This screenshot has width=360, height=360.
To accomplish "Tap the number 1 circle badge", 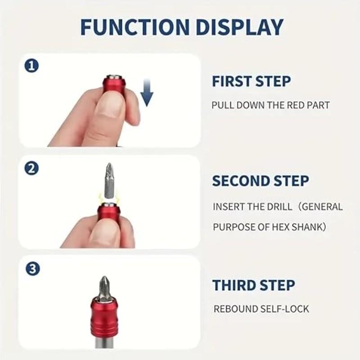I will [x=31, y=66].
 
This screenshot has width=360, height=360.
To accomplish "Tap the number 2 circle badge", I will [x=31, y=168].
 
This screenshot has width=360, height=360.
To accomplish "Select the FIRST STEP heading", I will [x=251, y=81].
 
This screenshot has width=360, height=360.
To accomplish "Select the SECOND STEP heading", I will [x=261, y=181].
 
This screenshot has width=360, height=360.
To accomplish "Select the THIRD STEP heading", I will [x=254, y=285].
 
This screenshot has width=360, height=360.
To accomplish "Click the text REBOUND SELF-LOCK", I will [x=261, y=309].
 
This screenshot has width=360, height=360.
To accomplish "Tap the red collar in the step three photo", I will [x=104, y=317].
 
